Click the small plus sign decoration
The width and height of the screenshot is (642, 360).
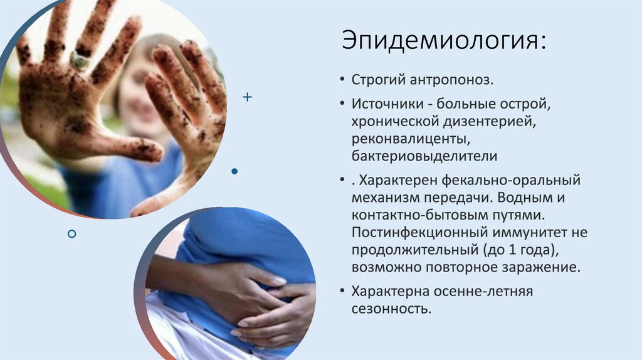[x=247, y=97]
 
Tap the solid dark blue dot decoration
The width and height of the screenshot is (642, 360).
[x=234, y=171]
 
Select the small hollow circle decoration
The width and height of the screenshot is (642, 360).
[x=71, y=234]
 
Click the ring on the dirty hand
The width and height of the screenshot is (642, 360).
[x=79, y=60]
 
